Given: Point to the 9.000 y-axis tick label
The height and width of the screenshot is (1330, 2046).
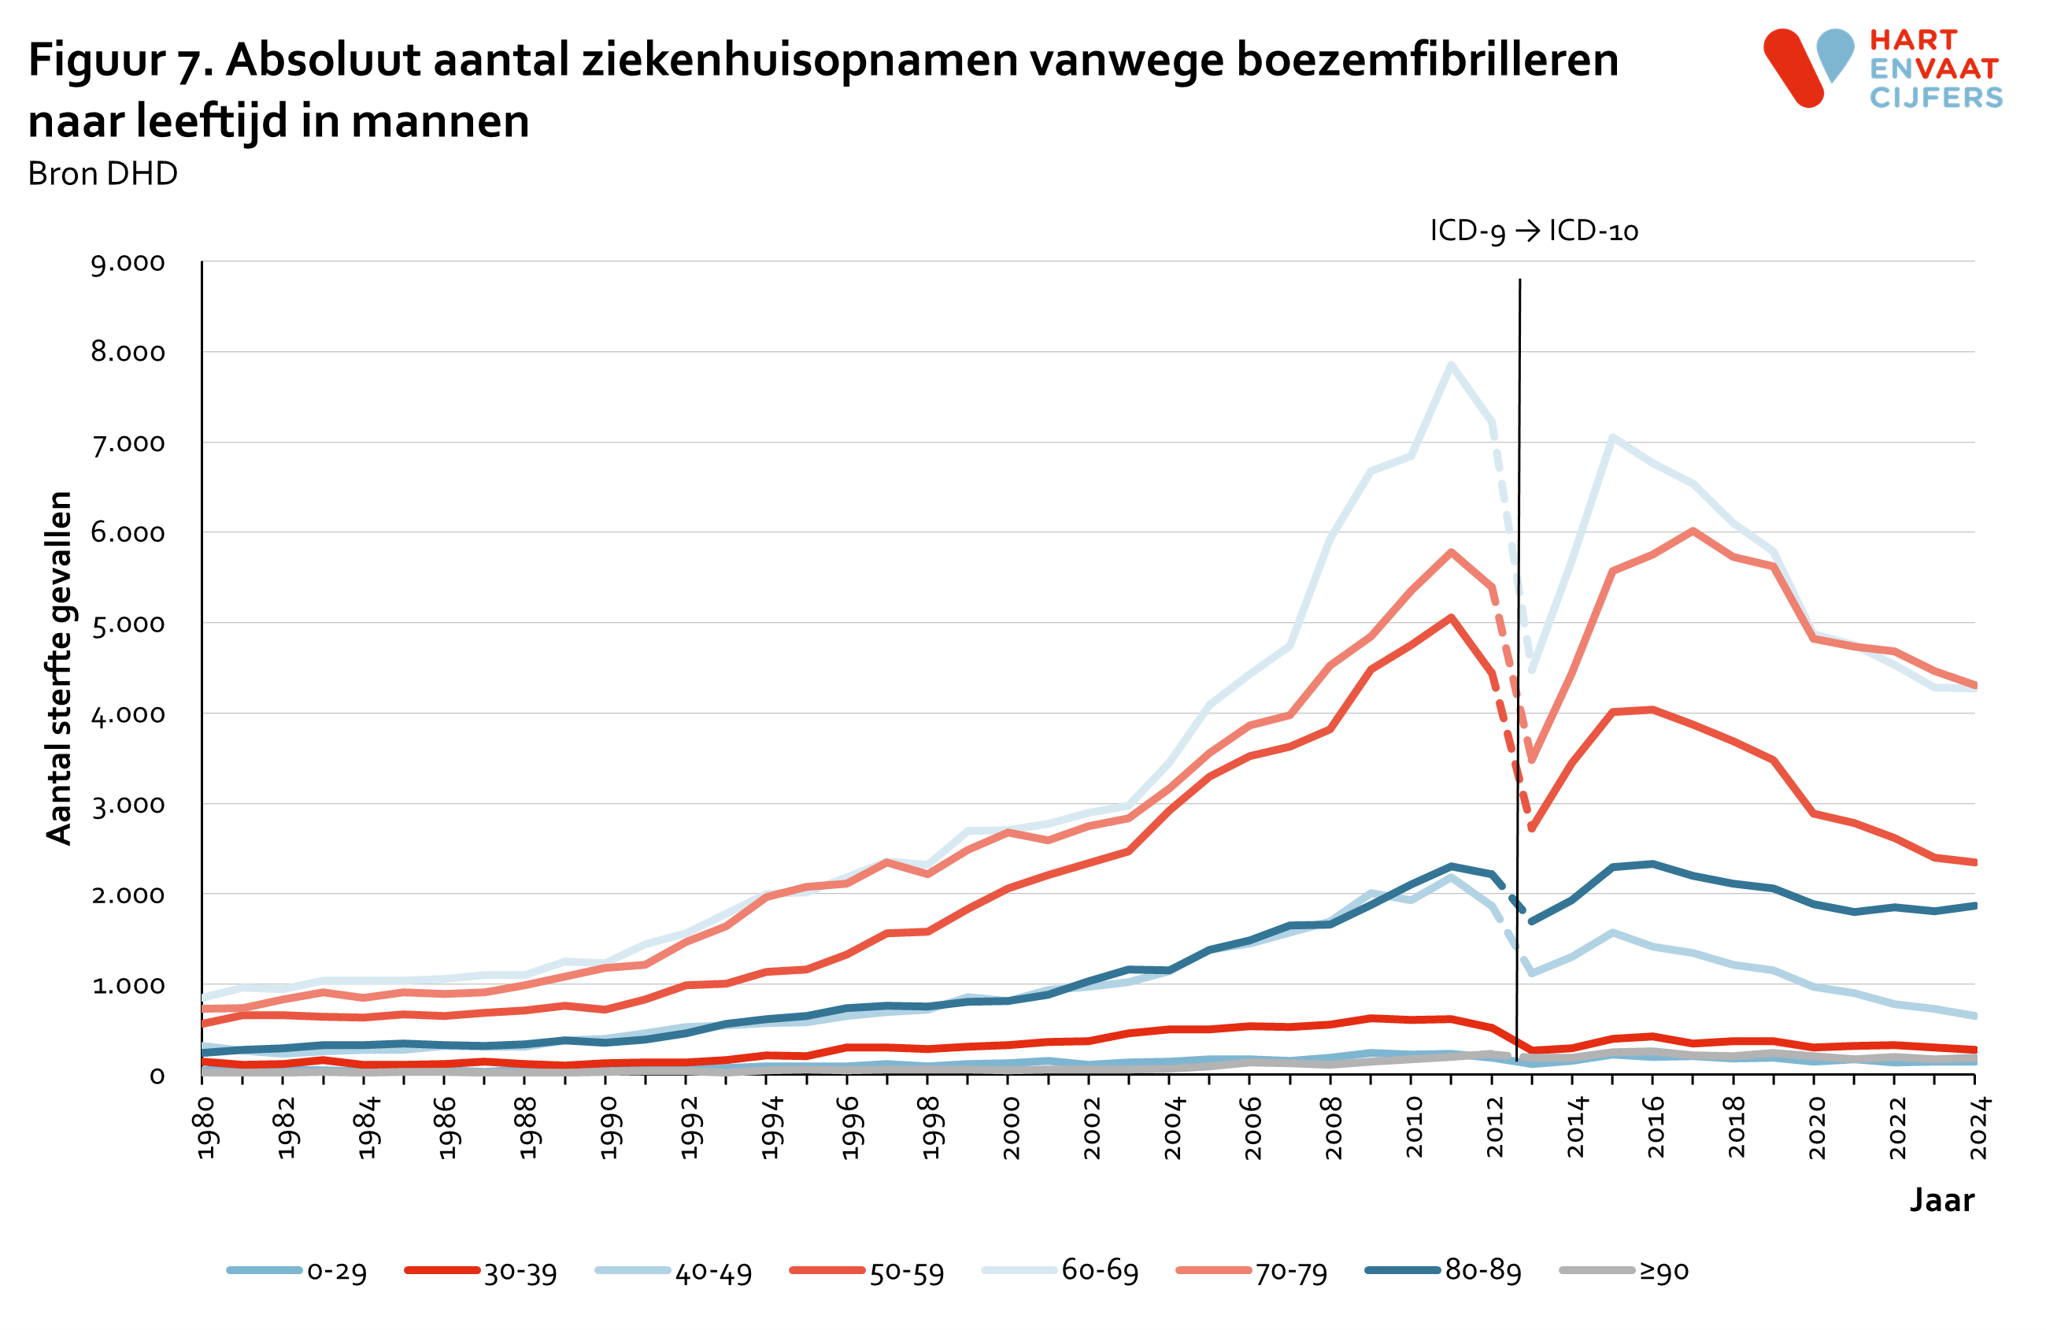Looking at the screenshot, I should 128,263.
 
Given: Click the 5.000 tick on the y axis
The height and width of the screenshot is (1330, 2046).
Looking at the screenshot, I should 128,624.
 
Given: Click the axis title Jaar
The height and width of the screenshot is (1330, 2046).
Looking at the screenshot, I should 1942,1199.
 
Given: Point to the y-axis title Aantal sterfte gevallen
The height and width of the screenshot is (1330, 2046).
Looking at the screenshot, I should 58,668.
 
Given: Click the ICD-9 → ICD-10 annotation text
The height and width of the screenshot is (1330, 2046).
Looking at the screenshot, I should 1534,231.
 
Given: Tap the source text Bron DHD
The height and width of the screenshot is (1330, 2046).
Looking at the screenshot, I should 102,174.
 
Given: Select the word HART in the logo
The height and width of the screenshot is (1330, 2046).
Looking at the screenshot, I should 1913,39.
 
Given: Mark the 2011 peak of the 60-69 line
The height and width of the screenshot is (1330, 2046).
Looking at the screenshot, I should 1451,365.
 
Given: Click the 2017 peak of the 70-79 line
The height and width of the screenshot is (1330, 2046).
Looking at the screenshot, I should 1693,531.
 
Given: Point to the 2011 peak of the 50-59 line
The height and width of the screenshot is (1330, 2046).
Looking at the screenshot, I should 1451,617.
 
